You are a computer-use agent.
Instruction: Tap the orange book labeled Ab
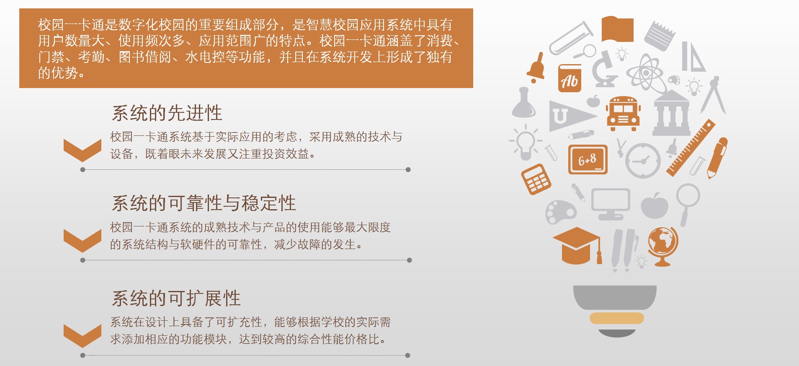pyautogui.click(x=570, y=78)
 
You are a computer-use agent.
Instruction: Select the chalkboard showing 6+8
pyautogui.click(x=588, y=159)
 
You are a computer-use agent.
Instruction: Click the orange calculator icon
pyautogui.click(x=536, y=179)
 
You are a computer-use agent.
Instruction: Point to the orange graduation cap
pyautogui.click(x=577, y=245)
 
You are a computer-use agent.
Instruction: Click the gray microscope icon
pyautogui.click(x=605, y=69)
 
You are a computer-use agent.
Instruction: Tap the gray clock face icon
pyautogui.click(x=643, y=161)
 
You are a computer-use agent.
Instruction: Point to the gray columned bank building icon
pyautogui.click(x=671, y=113)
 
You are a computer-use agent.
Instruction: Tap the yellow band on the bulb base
pyautogui.click(x=616, y=318)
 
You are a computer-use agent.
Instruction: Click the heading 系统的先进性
pyautogui.click(x=167, y=113)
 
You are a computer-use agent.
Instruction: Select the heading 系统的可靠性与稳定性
pyautogui.click(x=204, y=203)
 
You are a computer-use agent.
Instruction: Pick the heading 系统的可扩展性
pyautogui.click(x=176, y=299)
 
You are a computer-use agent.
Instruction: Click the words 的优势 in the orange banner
pyautogui.click(x=58, y=73)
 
